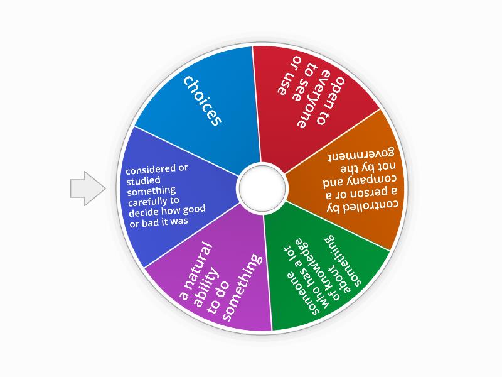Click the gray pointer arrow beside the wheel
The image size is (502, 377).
pos(87,188)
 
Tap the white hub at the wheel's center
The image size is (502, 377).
pos(262,188)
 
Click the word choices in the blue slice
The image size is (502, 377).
pos(202,101)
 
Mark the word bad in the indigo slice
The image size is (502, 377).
pos(149,222)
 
